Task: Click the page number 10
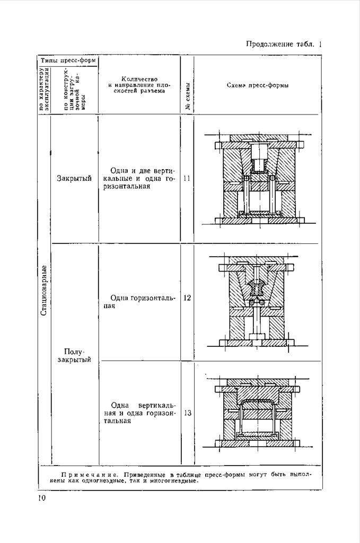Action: [42, 498]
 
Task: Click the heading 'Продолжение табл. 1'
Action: [284, 44]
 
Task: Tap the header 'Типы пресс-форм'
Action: [68, 60]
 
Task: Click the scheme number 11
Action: [187, 179]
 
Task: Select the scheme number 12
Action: [187, 298]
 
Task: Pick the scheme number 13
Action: [187, 414]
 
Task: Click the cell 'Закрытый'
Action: [74, 178]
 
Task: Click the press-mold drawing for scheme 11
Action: [257, 179]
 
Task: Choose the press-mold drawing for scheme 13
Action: [257, 414]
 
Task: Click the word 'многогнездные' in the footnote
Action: [170, 481]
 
